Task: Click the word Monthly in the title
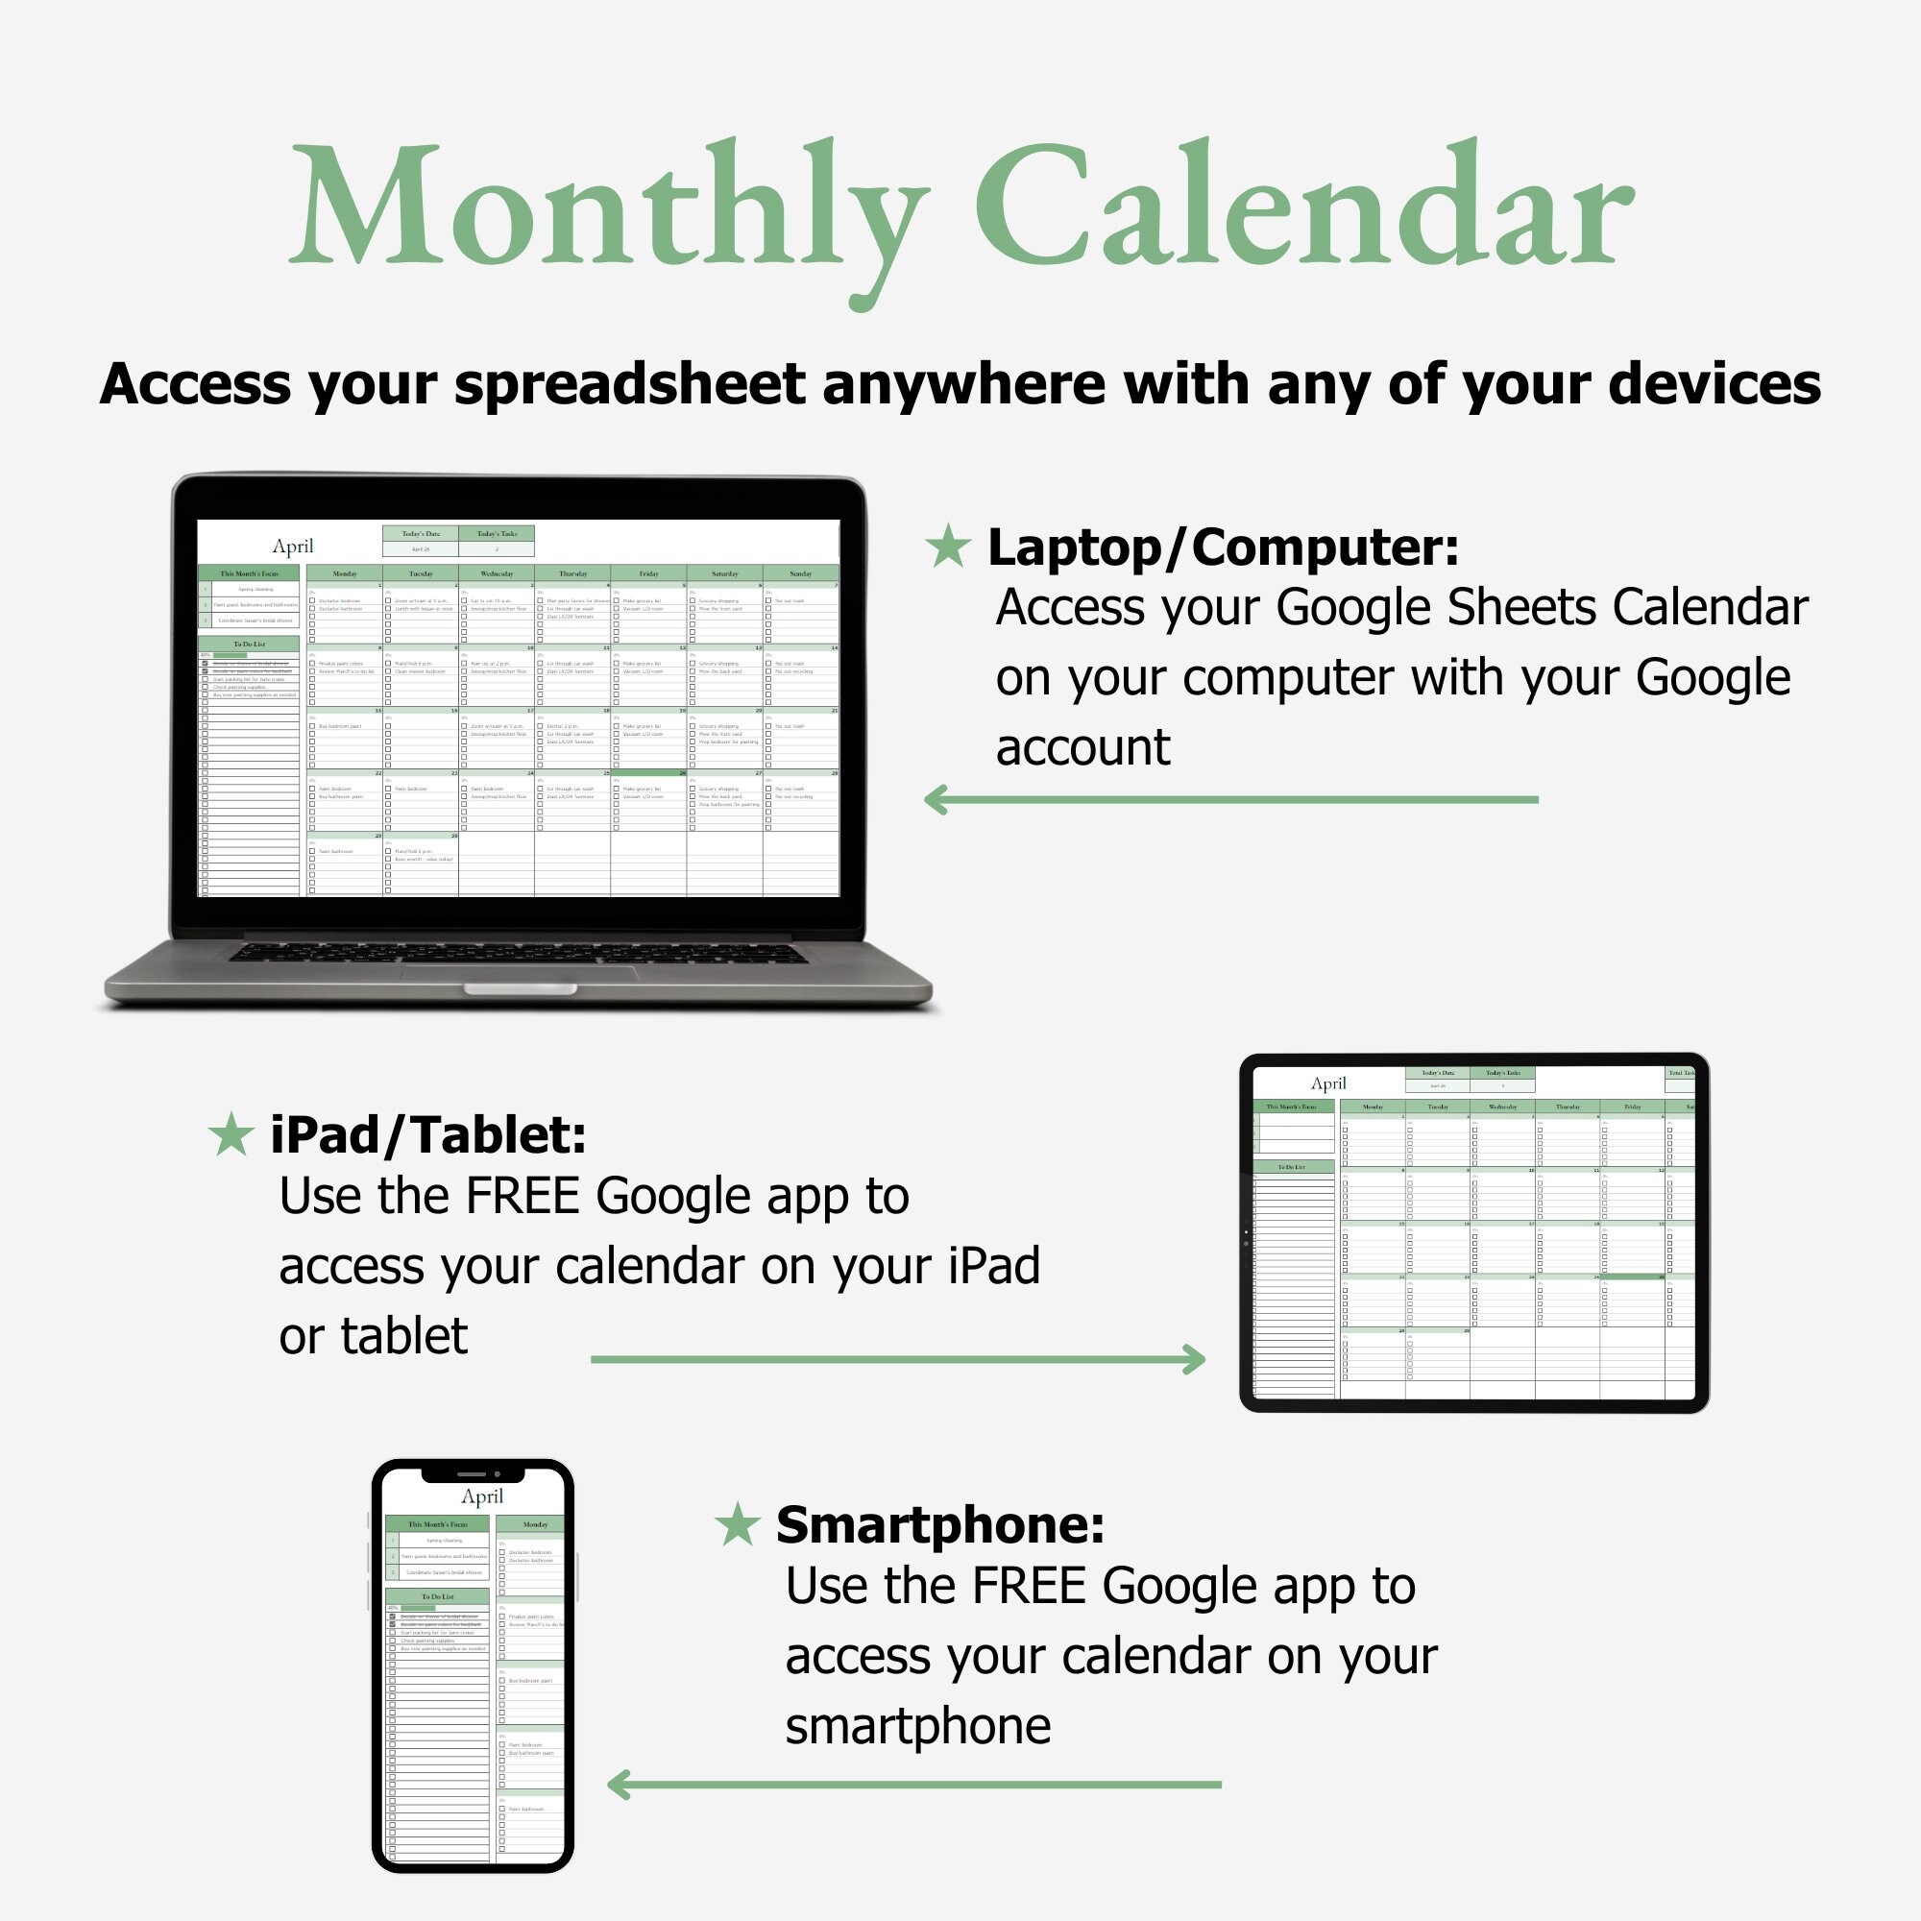pos(609,208)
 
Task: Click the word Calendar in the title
pos(1302,208)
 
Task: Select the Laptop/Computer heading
pos(1223,547)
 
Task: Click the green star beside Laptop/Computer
pos(948,547)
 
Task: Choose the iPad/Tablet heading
pos(428,1134)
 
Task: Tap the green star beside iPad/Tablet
pos(231,1134)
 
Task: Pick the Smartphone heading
pos(939,1524)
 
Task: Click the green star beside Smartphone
pos(738,1524)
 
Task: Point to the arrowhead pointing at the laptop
pos(935,799)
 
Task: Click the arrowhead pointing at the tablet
pos(1195,1359)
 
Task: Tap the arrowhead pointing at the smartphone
pos(618,1785)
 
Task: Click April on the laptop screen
pos(292,546)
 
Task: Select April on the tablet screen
pos(1328,1083)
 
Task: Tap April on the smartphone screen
pos(482,1496)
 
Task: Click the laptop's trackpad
pos(519,972)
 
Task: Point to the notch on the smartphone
pos(473,1473)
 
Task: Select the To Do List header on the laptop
pos(249,644)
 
